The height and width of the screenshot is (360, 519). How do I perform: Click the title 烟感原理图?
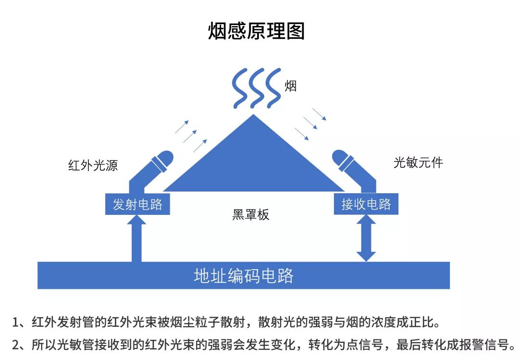coord(256,31)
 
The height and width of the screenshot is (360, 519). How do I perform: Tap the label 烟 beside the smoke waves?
coord(290,86)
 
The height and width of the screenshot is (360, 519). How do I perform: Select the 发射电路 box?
coord(137,204)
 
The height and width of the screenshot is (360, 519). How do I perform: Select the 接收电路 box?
coord(366,204)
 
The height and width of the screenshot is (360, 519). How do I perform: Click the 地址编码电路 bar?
coord(244,275)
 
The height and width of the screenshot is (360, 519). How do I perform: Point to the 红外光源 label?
coord(93,166)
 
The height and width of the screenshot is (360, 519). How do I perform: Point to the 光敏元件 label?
coord(418,162)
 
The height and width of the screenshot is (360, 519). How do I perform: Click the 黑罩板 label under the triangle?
coord(251,215)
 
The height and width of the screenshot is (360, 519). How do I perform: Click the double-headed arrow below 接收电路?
coord(366,238)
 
